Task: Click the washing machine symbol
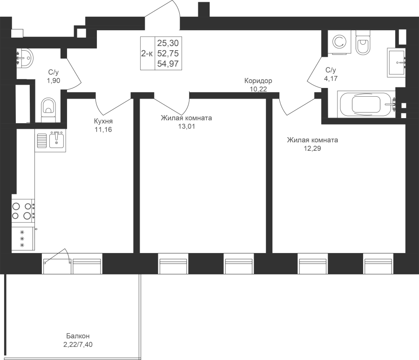tap(339, 42)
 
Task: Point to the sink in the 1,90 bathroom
tap(25, 57)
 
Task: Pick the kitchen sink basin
tap(57, 140)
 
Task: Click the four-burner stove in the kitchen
tap(23, 211)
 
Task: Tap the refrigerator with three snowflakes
tap(23, 239)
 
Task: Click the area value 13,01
tap(187, 127)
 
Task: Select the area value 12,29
tap(312, 148)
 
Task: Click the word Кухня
tap(103, 121)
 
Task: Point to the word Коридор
tap(258, 80)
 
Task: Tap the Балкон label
tap(78, 336)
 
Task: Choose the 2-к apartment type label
tap(147, 53)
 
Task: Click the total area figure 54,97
tap(168, 64)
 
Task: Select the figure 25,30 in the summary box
tap(168, 43)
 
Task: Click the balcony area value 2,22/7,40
tap(78, 345)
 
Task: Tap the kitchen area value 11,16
tap(103, 129)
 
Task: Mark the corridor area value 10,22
tap(258, 89)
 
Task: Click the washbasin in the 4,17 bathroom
tap(396, 63)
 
